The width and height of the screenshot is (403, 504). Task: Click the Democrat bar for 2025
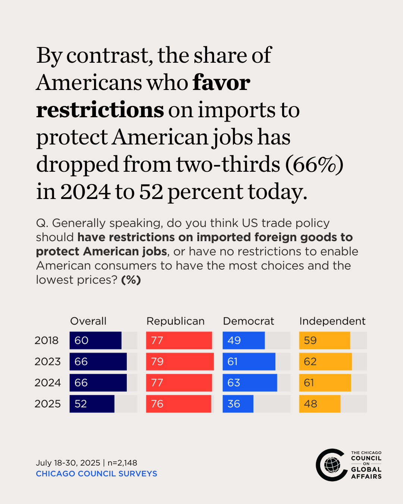point(238,404)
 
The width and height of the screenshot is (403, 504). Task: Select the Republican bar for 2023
point(179,361)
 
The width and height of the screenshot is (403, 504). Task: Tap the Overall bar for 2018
point(96,340)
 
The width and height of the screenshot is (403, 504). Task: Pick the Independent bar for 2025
point(320,404)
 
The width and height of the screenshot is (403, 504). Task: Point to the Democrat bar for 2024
point(250,383)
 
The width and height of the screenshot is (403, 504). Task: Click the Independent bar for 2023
point(325,361)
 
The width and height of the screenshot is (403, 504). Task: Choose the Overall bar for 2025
point(92,404)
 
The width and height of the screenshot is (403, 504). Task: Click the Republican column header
point(175,321)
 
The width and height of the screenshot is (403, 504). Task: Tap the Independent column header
point(332,321)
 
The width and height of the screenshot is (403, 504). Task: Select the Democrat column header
point(249,321)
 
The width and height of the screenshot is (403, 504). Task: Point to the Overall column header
point(88,321)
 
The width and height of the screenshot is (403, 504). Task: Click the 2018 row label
point(47,340)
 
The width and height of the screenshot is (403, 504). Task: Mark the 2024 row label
point(47,383)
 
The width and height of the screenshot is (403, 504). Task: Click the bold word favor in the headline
point(221,83)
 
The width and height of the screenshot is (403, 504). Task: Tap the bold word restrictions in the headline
point(100,110)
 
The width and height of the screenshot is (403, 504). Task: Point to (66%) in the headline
point(314,164)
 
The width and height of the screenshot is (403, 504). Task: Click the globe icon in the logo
point(332,465)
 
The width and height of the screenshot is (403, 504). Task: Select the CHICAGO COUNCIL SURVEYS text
point(96,473)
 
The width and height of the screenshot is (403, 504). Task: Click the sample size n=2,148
point(122,463)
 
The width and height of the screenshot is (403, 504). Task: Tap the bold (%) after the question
point(131,280)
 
